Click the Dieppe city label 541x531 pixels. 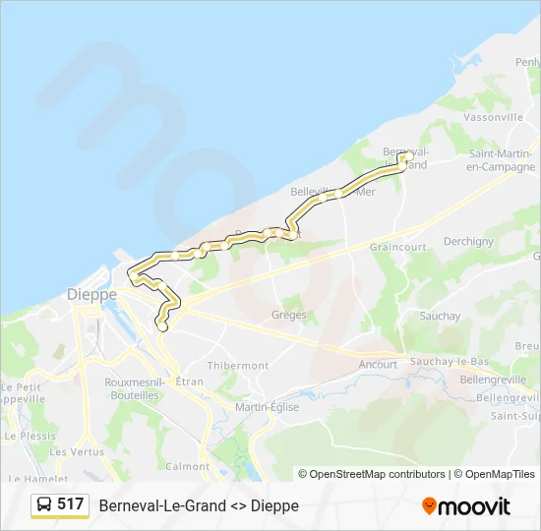coord(91,294)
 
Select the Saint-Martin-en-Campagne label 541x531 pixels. coord(500,159)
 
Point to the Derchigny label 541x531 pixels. coord(468,241)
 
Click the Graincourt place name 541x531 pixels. coord(398,247)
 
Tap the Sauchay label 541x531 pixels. coord(439,316)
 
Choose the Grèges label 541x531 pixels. coord(288,316)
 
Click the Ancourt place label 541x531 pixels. coord(378,364)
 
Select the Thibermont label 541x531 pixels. coord(238,365)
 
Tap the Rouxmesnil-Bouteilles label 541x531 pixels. coord(132,388)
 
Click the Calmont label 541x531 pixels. coord(188,466)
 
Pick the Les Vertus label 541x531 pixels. coord(77,451)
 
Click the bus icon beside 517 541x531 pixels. coord(44,504)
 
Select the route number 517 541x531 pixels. coord(70,504)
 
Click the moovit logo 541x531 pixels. coord(466,506)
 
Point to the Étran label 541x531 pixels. coord(189,381)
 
